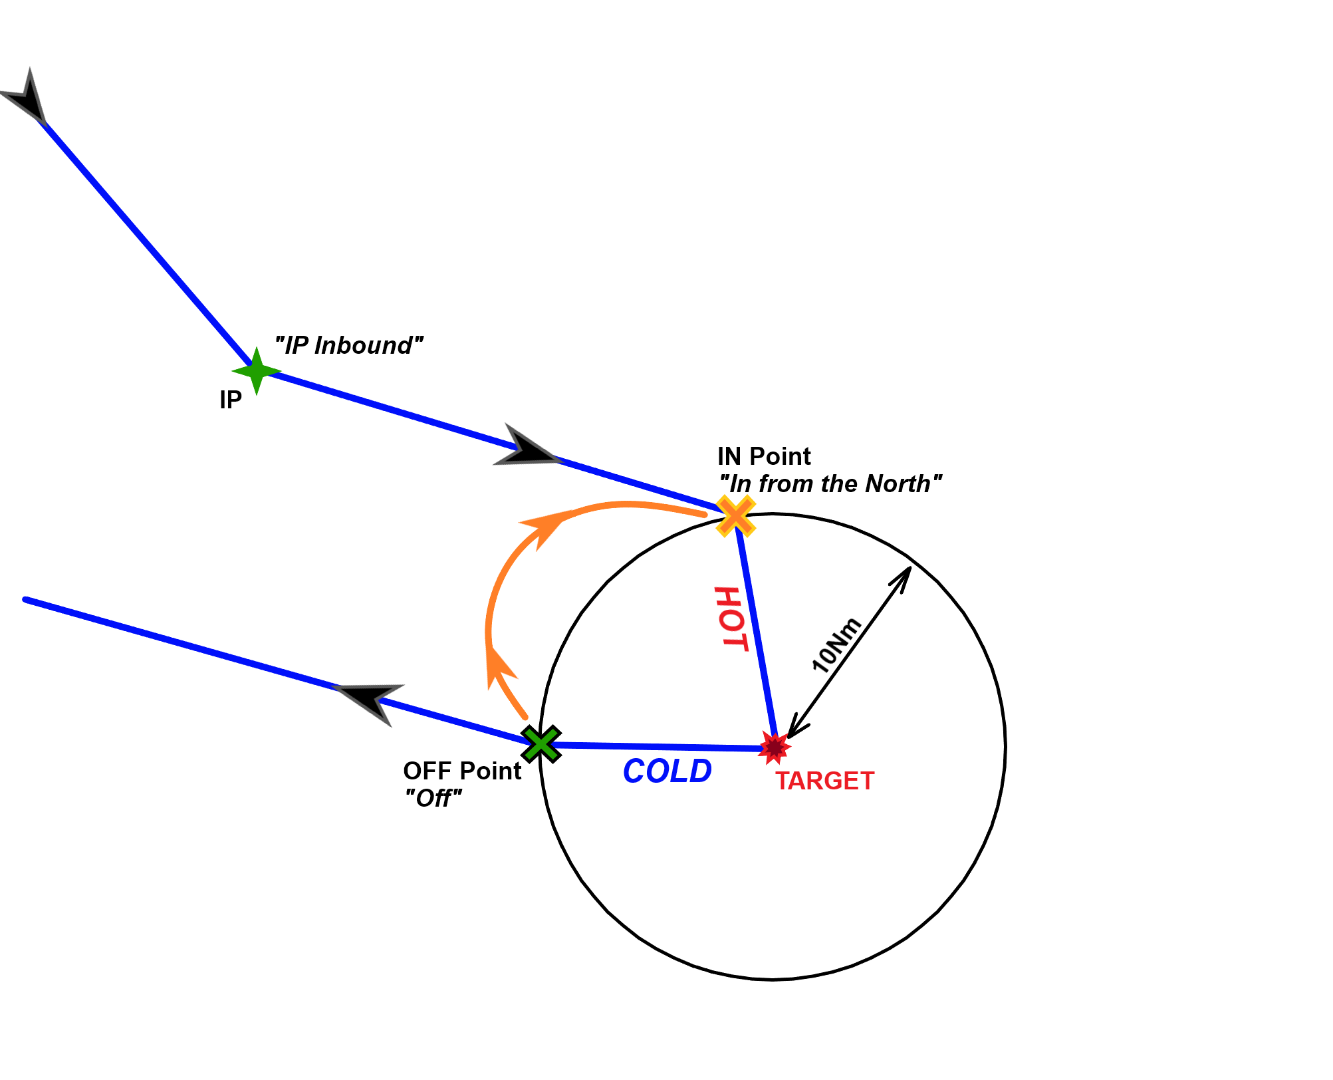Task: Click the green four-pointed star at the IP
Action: click(257, 370)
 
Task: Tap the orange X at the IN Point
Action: click(736, 515)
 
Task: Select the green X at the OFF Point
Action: click(541, 743)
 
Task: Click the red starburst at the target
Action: click(775, 748)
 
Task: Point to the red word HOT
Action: click(731, 618)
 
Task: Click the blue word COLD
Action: click(667, 771)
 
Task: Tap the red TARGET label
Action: click(824, 781)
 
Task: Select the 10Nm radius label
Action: click(836, 644)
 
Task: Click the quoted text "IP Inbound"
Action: click(349, 346)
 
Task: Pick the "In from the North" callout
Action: click(830, 484)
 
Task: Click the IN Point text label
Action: click(764, 457)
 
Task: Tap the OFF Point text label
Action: click(462, 771)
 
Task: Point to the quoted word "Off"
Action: click(433, 798)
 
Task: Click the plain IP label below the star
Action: click(231, 400)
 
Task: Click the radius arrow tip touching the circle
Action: click(910, 567)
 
